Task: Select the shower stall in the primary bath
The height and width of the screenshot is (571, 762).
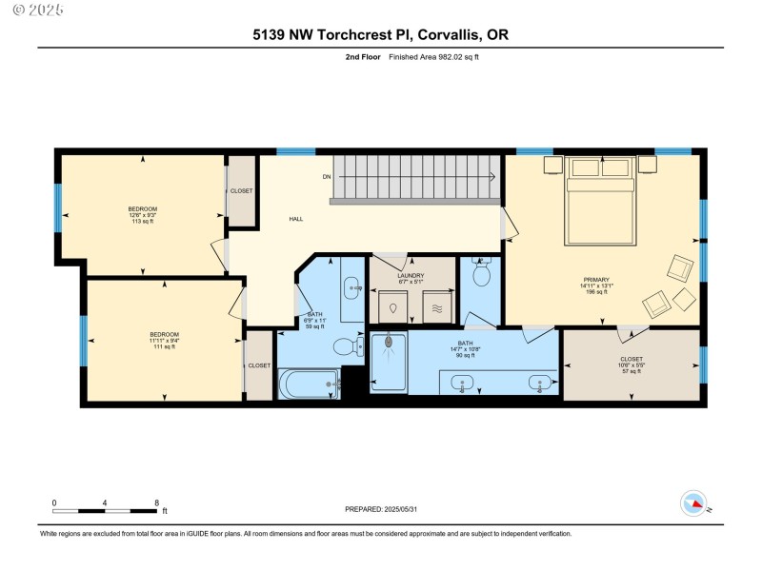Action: [x=388, y=362]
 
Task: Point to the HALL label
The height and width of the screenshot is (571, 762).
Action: [x=296, y=219]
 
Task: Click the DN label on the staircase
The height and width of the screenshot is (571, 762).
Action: [x=326, y=176]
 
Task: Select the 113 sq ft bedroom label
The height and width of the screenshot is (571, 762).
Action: [x=142, y=215]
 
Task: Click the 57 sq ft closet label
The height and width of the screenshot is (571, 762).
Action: [x=632, y=364]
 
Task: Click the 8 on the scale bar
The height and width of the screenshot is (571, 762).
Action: [x=156, y=502]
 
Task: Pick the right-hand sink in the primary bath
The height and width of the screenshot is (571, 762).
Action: [x=541, y=384]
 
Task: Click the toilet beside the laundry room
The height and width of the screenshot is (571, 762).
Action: [x=481, y=276]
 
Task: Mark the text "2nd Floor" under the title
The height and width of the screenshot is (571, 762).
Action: [x=362, y=57]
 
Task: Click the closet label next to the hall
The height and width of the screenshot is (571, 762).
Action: [x=242, y=190]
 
